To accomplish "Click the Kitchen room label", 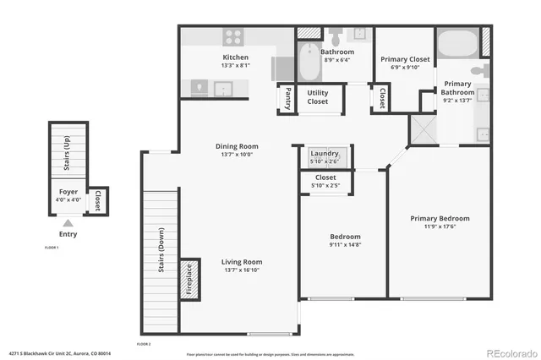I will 235,57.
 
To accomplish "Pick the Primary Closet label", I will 405,59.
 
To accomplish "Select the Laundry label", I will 325,153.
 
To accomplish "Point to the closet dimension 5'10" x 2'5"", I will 325,185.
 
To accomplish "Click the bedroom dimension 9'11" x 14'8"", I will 344,245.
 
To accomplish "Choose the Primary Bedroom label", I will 440,218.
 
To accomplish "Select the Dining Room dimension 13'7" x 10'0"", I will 236,155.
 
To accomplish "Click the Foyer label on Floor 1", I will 68,192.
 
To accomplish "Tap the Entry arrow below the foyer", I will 68,222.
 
